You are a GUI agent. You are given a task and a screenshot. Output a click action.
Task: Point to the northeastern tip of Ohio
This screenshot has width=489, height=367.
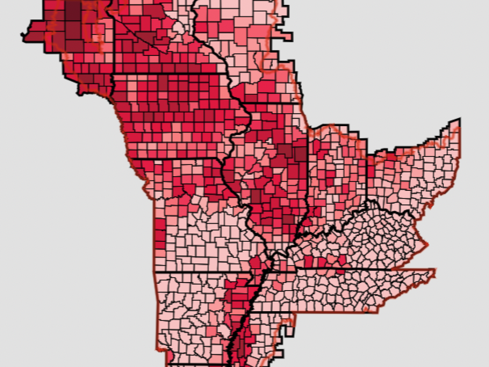[x=459, y=120]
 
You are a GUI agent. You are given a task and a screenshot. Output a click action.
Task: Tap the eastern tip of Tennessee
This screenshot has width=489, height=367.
[x=435, y=270]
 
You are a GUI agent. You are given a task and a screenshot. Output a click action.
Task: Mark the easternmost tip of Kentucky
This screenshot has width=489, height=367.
[x=427, y=245]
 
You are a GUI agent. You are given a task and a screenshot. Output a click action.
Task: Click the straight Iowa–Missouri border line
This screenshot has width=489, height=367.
[x=180, y=158]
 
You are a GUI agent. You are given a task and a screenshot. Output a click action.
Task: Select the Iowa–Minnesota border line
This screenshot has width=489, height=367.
[x=168, y=73]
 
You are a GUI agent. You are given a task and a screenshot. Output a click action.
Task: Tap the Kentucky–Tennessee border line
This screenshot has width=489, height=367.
[x=344, y=270]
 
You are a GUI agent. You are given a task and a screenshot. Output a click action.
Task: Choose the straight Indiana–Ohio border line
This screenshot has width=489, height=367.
[x=367, y=172]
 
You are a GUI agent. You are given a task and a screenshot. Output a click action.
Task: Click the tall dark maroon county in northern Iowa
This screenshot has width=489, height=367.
[x=162, y=82]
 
